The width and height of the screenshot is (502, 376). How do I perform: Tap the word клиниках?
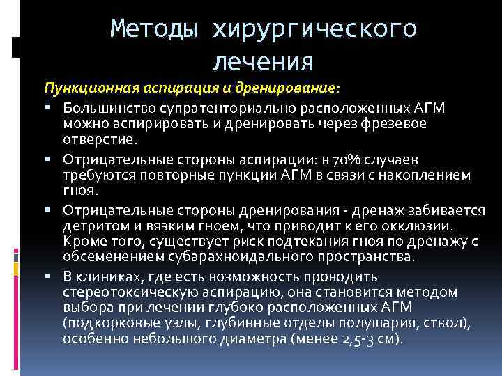click(x=107, y=276)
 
